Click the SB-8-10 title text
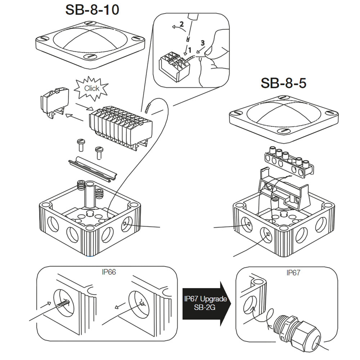[92, 10]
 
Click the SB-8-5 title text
[283, 84]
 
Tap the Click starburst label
[91, 88]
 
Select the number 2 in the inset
[182, 25]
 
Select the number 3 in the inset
[203, 42]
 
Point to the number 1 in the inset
[190, 51]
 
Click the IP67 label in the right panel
[293, 273]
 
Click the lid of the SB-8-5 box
[284, 117]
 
